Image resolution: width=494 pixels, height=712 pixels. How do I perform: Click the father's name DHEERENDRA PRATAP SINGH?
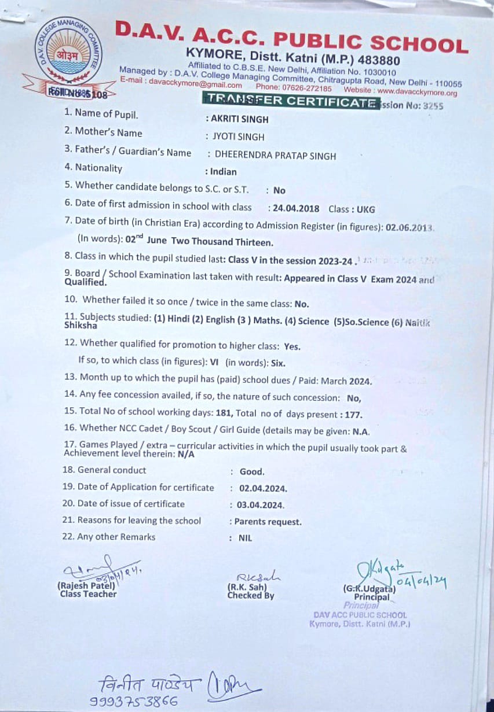pos(275,155)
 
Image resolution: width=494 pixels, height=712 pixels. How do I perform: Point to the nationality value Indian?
pos(224,172)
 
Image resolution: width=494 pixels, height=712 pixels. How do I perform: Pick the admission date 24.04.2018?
pos(294,209)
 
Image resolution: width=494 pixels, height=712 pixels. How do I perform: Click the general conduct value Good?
pos(251,471)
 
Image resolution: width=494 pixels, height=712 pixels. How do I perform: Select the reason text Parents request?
pos(268,522)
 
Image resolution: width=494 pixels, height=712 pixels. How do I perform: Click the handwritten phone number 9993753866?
pos(134,701)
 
